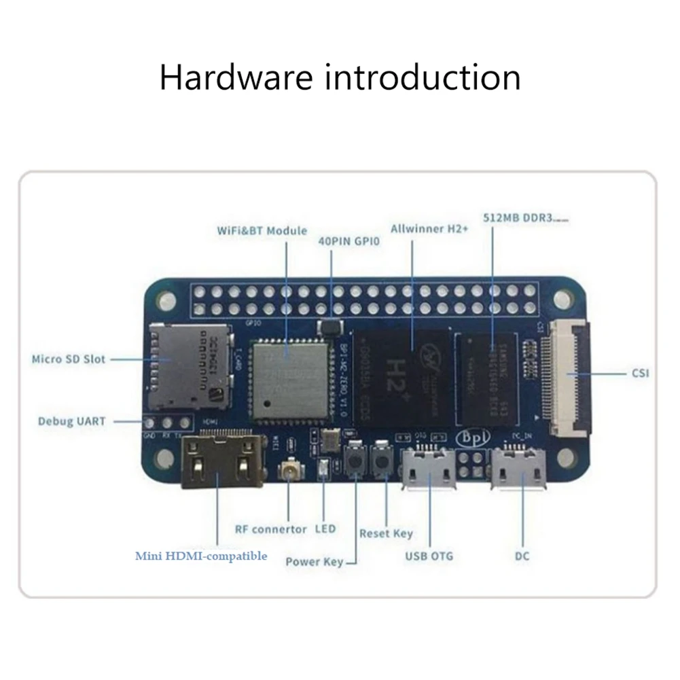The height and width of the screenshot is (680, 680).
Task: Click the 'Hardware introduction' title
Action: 340,77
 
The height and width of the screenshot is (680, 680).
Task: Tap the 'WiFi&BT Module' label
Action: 262,231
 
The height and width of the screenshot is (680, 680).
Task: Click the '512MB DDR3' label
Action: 518,219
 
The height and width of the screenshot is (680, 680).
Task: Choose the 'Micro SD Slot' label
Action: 69,358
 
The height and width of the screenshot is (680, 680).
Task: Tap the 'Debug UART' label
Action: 71,421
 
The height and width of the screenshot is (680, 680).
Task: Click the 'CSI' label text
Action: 639,373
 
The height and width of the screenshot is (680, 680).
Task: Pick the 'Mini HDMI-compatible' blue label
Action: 201,556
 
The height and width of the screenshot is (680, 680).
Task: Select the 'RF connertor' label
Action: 270,529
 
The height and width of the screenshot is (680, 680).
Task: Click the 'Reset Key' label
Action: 386,533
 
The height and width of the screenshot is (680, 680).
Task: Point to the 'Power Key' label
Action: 314,562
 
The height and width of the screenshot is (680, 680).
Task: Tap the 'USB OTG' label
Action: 429,556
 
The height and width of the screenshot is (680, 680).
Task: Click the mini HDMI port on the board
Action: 222,462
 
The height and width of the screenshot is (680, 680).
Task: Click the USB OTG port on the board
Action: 428,468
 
